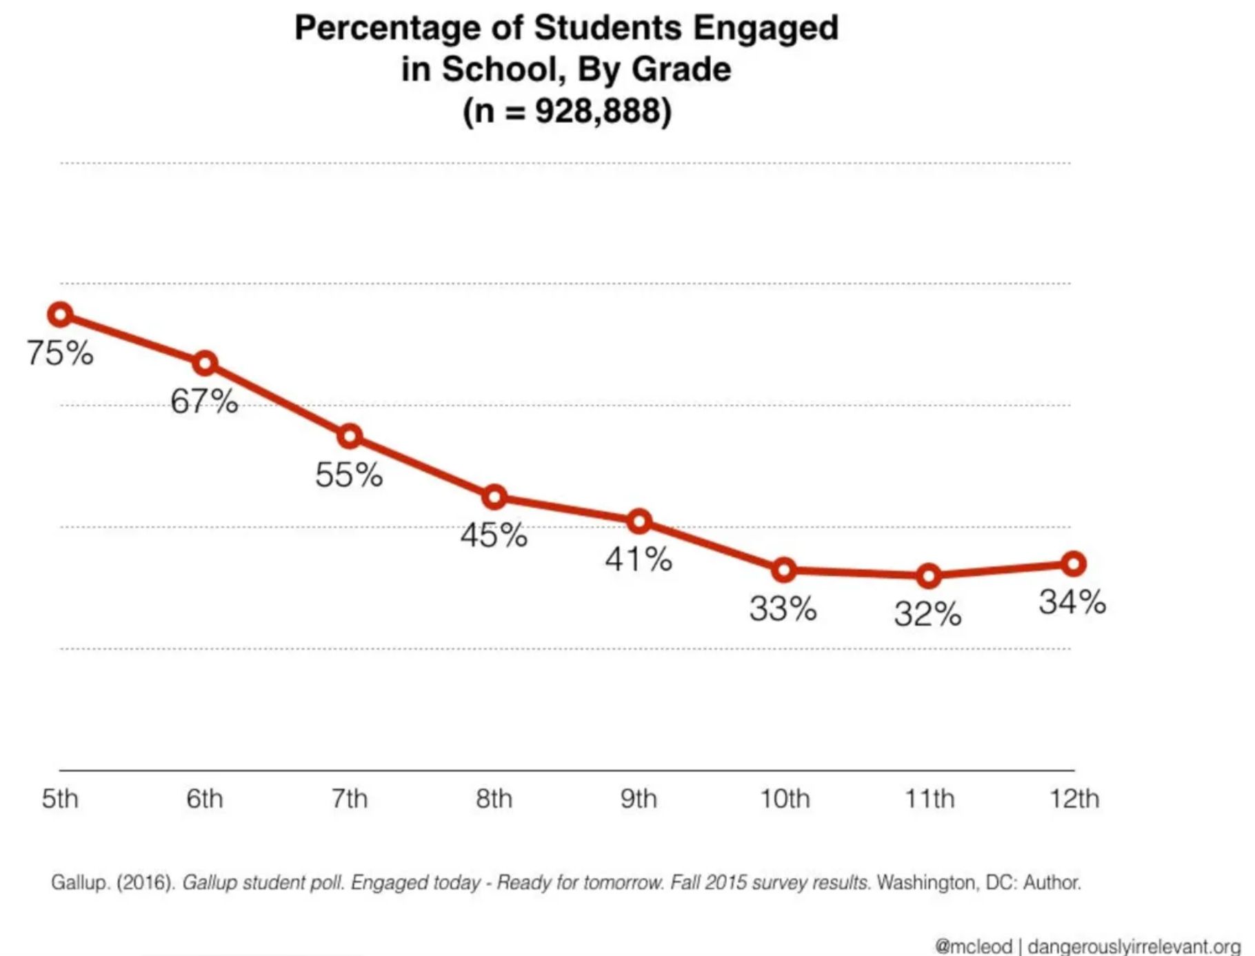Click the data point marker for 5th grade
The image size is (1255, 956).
click(x=61, y=315)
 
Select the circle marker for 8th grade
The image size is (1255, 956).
click(x=494, y=497)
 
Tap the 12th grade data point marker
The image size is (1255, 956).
click(x=1073, y=564)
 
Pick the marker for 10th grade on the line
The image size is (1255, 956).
click(x=783, y=570)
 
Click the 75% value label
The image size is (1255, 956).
click(x=61, y=353)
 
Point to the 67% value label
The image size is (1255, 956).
click(x=205, y=401)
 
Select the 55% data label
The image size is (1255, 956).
click(x=349, y=475)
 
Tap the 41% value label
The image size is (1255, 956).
click(x=639, y=559)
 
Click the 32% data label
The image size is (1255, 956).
click(x=928, y=614)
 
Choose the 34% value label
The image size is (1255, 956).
click(x=1073, y=602)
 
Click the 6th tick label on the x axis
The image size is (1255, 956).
click(x=205, y=799)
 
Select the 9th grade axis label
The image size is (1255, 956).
click(x=639, y=799)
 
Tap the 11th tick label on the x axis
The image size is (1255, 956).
click(x=930, y=799)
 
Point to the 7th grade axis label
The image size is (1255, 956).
click(x=349, y=799)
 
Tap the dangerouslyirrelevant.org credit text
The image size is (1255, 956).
click(x=1134, y=946)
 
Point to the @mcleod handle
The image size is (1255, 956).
click(x=973, y=946)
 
